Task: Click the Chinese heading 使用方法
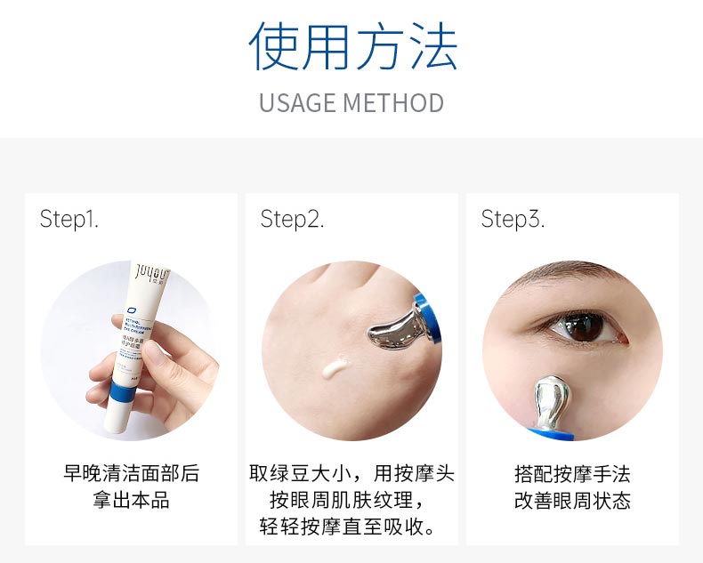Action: (x=352, y=46)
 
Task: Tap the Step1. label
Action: (x=69, y=219)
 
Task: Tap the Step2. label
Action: (x=292, y=219)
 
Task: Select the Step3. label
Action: (x=513, y=219)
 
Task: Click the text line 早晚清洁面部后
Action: (x=131, y=473)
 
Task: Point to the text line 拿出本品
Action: (x=131, y=501)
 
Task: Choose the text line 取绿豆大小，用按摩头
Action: (x=351, y=473)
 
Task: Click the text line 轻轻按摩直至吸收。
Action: (x=351, y=527)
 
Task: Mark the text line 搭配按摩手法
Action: (x=572, y=473)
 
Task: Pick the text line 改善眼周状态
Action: (x=572, y=501)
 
